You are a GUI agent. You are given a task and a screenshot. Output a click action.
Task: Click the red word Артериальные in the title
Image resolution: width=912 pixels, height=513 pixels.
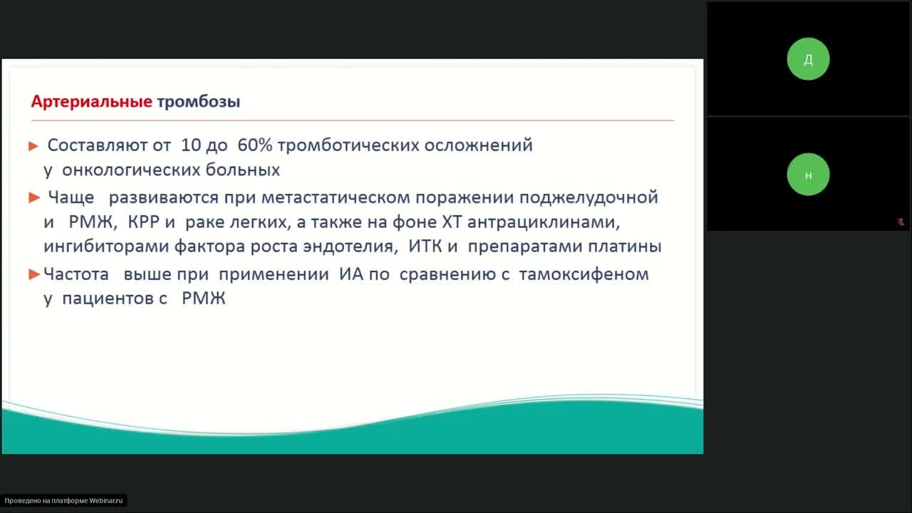coord(91,101)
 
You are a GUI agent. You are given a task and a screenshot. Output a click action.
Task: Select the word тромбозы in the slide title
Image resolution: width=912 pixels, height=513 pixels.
coord(198,101)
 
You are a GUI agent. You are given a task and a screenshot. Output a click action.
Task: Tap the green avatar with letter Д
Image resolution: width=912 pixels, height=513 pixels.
coord(808,59)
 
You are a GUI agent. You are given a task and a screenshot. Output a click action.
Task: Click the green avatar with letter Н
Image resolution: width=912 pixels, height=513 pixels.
coord(808,175)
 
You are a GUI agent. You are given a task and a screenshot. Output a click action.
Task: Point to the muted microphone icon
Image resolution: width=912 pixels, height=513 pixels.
coord(901,222)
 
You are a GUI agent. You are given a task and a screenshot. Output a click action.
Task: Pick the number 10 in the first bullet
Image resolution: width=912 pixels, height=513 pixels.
coord(191,145)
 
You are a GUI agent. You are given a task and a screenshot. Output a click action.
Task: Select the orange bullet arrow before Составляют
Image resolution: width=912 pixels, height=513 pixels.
coord(33,146)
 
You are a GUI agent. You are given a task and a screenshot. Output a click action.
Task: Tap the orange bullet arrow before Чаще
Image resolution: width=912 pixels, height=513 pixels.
coord(33,197)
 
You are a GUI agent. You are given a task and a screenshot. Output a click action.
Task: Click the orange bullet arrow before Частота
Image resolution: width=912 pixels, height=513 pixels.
coord(33,274)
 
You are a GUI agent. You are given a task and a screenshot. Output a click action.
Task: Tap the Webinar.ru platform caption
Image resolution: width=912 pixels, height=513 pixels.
coord(63,501)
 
